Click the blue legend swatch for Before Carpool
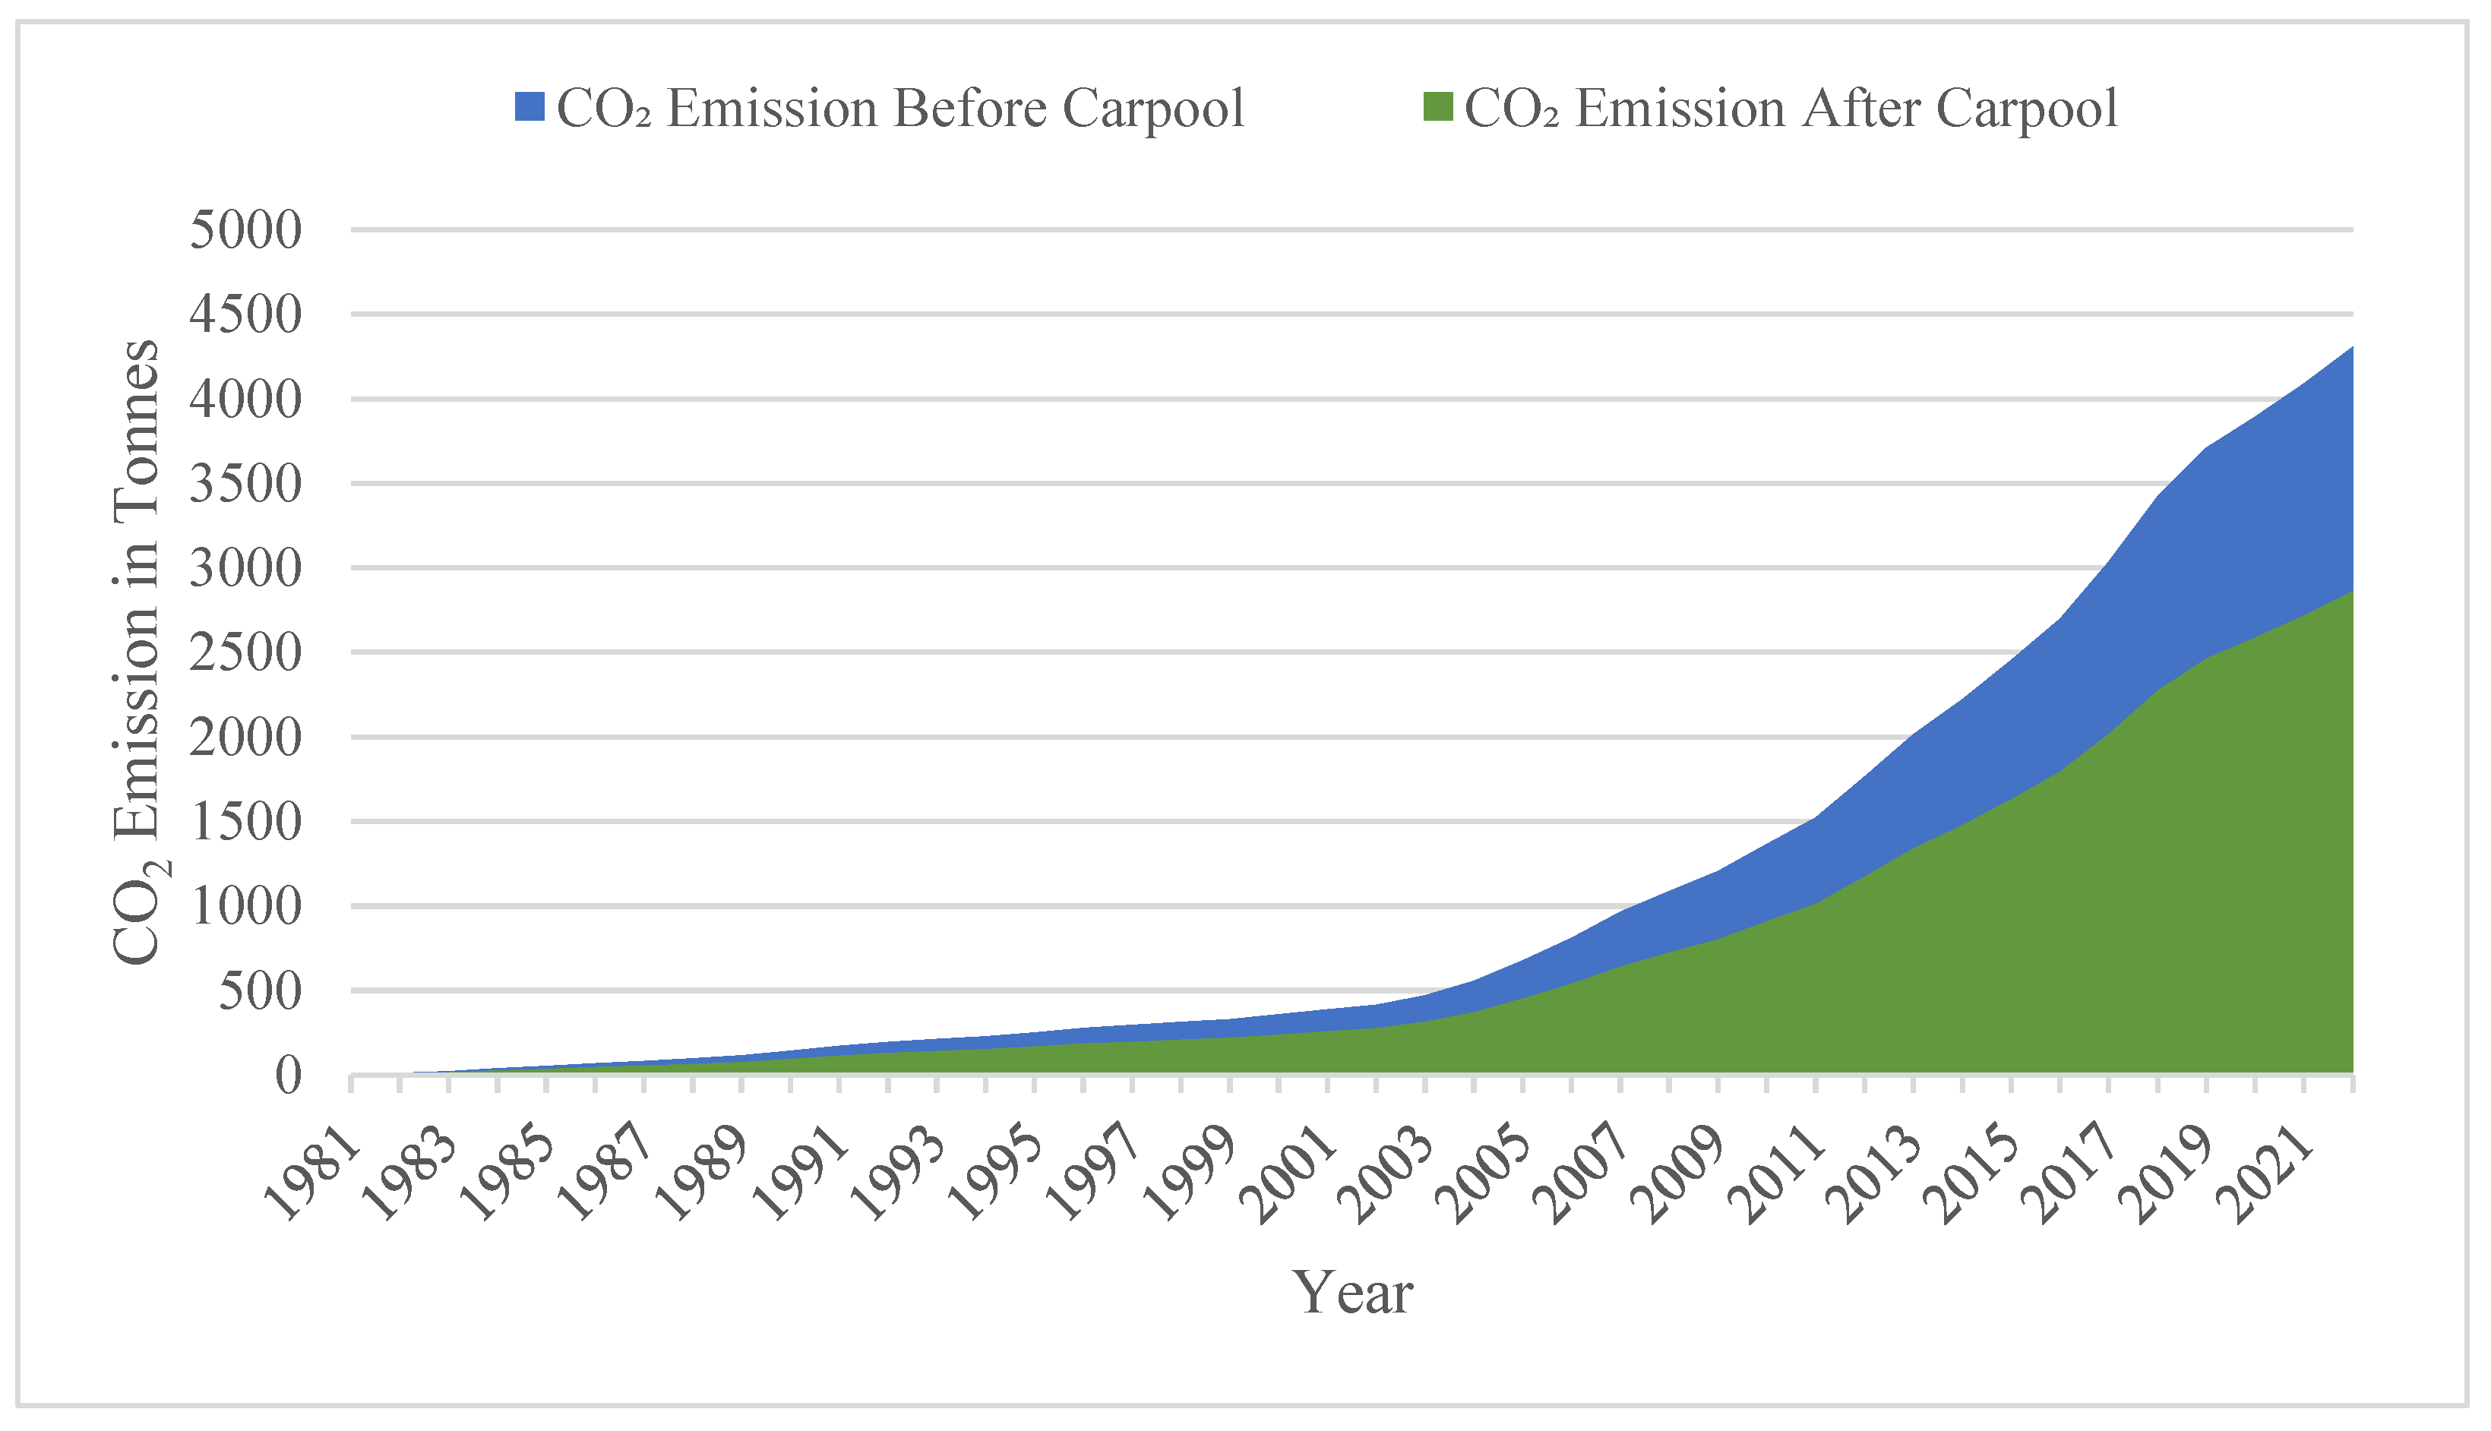point(529,107)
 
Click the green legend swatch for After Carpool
point(1437,107)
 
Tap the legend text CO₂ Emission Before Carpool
point(899,107)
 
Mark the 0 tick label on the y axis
point(287,1076)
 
